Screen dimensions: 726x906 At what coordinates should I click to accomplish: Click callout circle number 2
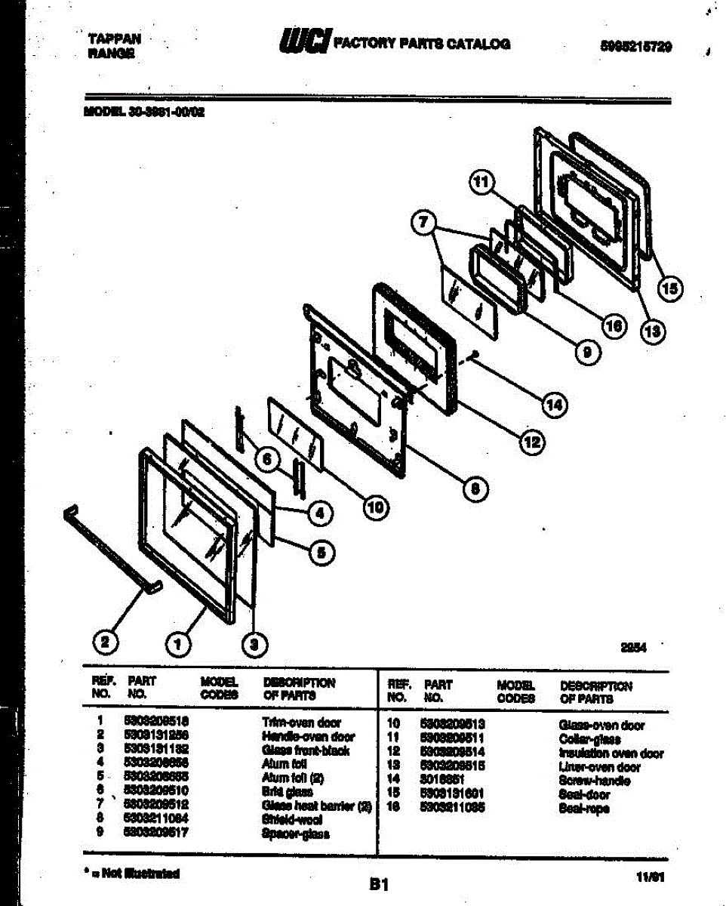105,643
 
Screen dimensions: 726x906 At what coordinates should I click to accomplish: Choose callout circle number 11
481,182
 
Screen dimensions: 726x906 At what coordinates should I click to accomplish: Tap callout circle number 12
533,443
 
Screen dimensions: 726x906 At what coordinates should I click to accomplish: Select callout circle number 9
586,350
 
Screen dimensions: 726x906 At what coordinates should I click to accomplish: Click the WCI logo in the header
304,42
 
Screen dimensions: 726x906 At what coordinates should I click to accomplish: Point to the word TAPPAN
114,39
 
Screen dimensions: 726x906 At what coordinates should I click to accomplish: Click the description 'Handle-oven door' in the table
308,736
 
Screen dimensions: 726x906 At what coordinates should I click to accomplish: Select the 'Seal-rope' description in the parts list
585,809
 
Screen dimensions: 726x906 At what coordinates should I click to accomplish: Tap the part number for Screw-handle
441,780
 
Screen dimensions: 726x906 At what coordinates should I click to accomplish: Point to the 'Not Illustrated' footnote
133,874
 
